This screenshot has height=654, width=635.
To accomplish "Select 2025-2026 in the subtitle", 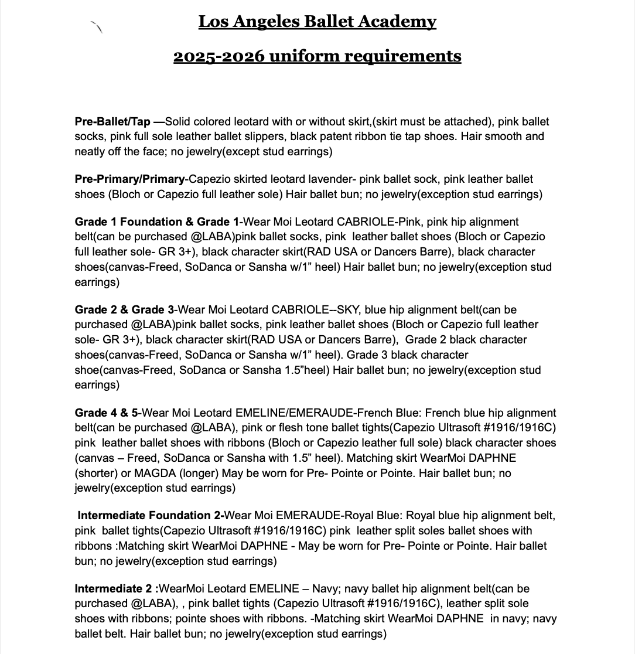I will (216, 56).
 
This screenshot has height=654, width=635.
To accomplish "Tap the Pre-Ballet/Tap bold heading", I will (112, 122).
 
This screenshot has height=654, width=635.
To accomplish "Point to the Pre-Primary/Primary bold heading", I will (127, 179).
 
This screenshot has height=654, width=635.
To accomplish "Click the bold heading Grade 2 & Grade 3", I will (124, 309).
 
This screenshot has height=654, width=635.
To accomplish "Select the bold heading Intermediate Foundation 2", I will (149, 516).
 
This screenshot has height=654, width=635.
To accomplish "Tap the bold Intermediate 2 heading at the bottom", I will (116, 588).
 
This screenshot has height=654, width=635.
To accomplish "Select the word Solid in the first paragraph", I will (177, 122).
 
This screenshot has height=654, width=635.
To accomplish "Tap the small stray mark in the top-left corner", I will (97, 26).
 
